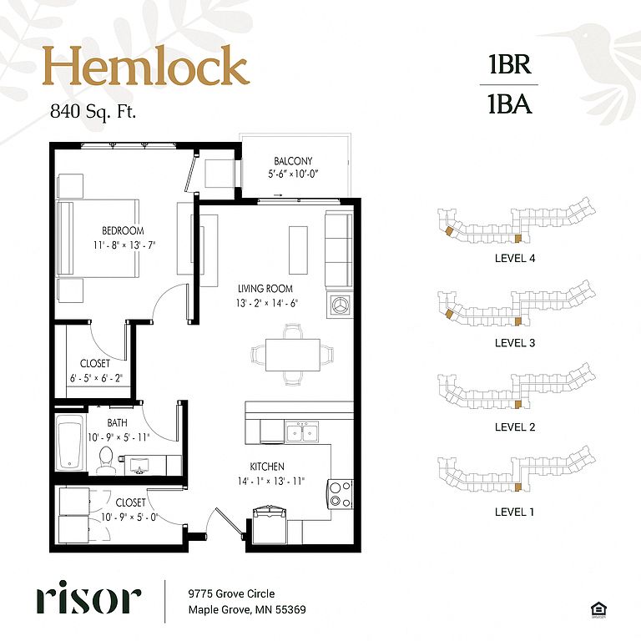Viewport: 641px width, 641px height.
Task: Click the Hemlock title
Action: (146, 65)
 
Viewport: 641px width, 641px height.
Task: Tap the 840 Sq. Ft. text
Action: (93, 111)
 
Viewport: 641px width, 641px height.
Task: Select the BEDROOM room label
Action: (123, 230)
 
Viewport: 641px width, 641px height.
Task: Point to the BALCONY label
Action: (293, 160)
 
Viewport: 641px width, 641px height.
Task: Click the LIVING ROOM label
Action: (265, 289)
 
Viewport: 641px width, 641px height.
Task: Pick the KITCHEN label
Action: (267, 467)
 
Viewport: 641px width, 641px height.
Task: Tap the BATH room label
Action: (118, 422)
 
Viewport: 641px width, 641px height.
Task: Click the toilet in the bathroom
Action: (106, 460)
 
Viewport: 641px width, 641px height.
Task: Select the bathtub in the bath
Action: (71, 443)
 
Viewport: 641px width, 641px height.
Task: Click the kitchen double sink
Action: (302, 432)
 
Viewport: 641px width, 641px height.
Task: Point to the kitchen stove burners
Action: (341, 494)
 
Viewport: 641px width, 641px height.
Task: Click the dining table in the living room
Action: (293, 355)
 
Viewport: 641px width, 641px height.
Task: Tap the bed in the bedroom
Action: (98, 239)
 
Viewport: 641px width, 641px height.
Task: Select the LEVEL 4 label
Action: (515, 259)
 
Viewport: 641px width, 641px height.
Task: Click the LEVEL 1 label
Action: (514, 512)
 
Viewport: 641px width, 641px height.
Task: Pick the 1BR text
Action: (510, 64)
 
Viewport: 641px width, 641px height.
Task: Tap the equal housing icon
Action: (598, 609)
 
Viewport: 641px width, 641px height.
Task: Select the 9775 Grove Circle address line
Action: (231, 593)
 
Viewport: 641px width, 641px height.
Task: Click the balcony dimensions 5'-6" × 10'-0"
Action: (293, 174)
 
